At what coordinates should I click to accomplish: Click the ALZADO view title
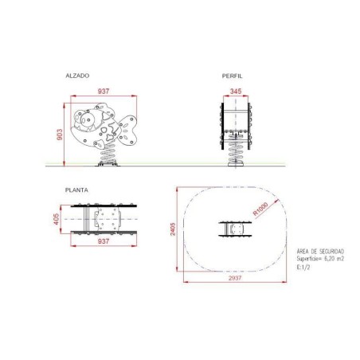(x=77, y=76)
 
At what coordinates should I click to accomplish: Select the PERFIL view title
(x=232, y=76)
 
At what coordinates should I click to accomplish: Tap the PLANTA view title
(x=76, y=190)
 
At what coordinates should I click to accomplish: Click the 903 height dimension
(x=60, y=135)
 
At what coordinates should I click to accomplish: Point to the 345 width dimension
(x=236, y=91)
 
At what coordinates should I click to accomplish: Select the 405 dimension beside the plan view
(x=57, y=219)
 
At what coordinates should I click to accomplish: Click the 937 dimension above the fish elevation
(x=104, y=91)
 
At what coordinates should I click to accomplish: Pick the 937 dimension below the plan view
(x=104, y=241)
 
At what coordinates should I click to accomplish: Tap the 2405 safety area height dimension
(x=173, y=229)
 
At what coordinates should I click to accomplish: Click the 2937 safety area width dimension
(x=235, y=278)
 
